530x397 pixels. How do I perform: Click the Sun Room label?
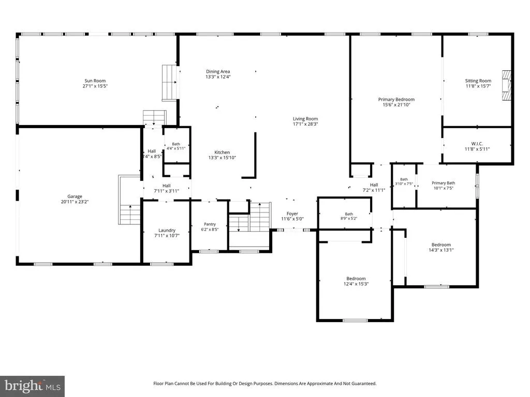point(95,81)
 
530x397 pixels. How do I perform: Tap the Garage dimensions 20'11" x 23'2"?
point(75,202)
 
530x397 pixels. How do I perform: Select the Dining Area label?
point(218,71)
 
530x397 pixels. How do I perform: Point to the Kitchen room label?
point(222,152)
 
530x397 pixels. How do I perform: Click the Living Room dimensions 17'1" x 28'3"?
point(305,124)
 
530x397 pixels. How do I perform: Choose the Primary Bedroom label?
point(396,99)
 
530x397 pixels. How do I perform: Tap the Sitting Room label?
point(478,81)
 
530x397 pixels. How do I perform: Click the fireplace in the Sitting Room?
point(506,86)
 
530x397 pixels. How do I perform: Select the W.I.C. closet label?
point(477,144)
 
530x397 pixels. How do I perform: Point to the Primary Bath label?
point(443,183)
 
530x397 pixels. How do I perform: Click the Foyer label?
point(292,213)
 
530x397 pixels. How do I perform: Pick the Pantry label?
point(210,224)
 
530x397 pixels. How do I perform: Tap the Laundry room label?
point(167,230)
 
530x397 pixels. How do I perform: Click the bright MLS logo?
point(32,386)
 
